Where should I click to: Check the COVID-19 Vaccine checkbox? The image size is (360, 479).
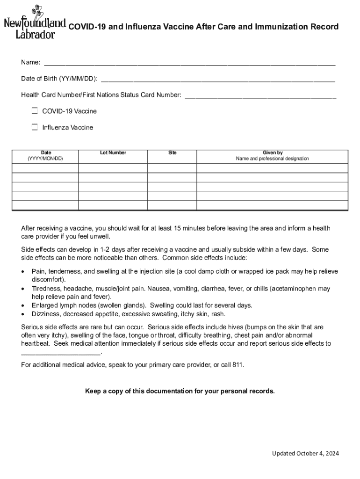click(x=35, y=111)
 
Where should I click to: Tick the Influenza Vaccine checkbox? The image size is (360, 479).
click(x=35, y=127)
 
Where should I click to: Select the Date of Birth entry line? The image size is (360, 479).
click(x=218, y=79)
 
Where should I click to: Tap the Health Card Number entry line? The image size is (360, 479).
click(x=260, y=95)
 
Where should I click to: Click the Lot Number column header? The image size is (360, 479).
click(x=113, y=153)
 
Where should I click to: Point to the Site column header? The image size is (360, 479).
click(x=173, y=153)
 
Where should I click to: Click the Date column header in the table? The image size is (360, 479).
click(x=46, y=156)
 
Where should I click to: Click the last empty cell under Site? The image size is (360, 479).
click(x=173, y=205)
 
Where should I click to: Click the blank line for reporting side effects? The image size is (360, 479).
click(x=61, y=353)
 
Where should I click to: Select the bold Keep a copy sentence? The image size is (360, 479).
click(x=180, y=391)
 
